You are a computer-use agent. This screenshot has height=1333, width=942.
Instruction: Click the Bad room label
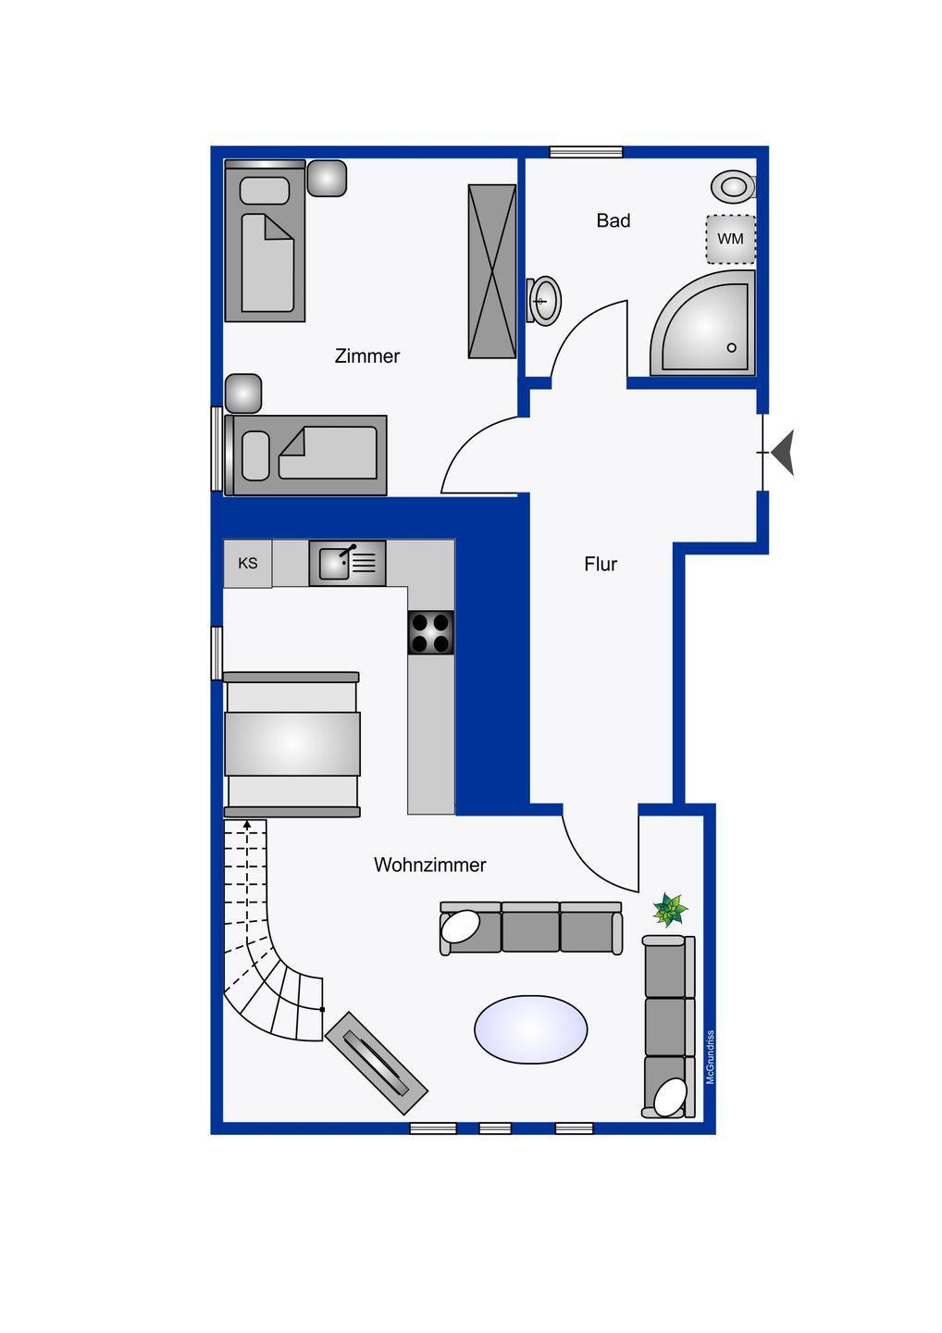click(614, 220)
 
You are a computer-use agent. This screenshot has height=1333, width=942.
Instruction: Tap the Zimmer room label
click(367, 355)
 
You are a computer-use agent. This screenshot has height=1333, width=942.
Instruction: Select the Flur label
click(601, 564)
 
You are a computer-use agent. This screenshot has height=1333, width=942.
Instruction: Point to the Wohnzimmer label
click(430, 865)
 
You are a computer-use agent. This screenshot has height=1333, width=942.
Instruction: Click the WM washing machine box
click(731, 239)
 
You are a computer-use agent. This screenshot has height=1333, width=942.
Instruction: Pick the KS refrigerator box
click(247, 563)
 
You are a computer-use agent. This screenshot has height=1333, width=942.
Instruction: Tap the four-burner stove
click(431, 632)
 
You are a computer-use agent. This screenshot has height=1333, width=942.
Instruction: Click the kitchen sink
click(347, 563)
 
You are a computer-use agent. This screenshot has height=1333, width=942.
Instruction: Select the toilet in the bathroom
click(734, 187)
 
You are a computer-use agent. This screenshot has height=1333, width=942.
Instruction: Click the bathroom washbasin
click(543, 301)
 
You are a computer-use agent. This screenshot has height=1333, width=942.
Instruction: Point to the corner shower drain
click(731, 347)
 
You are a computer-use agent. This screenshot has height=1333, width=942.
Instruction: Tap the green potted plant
click(670, 909)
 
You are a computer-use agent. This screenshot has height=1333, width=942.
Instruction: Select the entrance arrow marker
click(783, 453)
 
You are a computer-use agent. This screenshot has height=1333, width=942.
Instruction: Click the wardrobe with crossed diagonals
click(491, 271)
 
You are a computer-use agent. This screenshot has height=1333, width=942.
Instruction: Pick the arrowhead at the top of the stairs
click(247, 824)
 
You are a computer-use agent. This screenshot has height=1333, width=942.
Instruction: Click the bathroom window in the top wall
click(587, 152)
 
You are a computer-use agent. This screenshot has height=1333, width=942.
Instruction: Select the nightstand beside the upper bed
click(327, 178)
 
